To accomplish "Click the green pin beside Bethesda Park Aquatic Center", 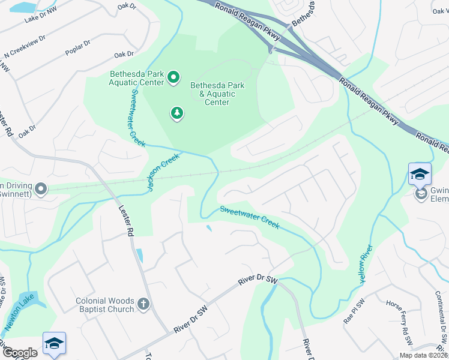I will coord(173,77).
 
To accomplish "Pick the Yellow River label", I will coord(364,263).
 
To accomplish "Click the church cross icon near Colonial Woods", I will coord(143,304).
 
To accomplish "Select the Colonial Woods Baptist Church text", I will coord(104,305).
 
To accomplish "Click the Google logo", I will coord(20,353).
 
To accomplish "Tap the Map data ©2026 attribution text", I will coord(423,355).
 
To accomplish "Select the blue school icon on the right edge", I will coord(420,175).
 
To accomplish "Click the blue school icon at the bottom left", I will coord(53,343).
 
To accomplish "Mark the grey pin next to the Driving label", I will coord(41,190).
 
